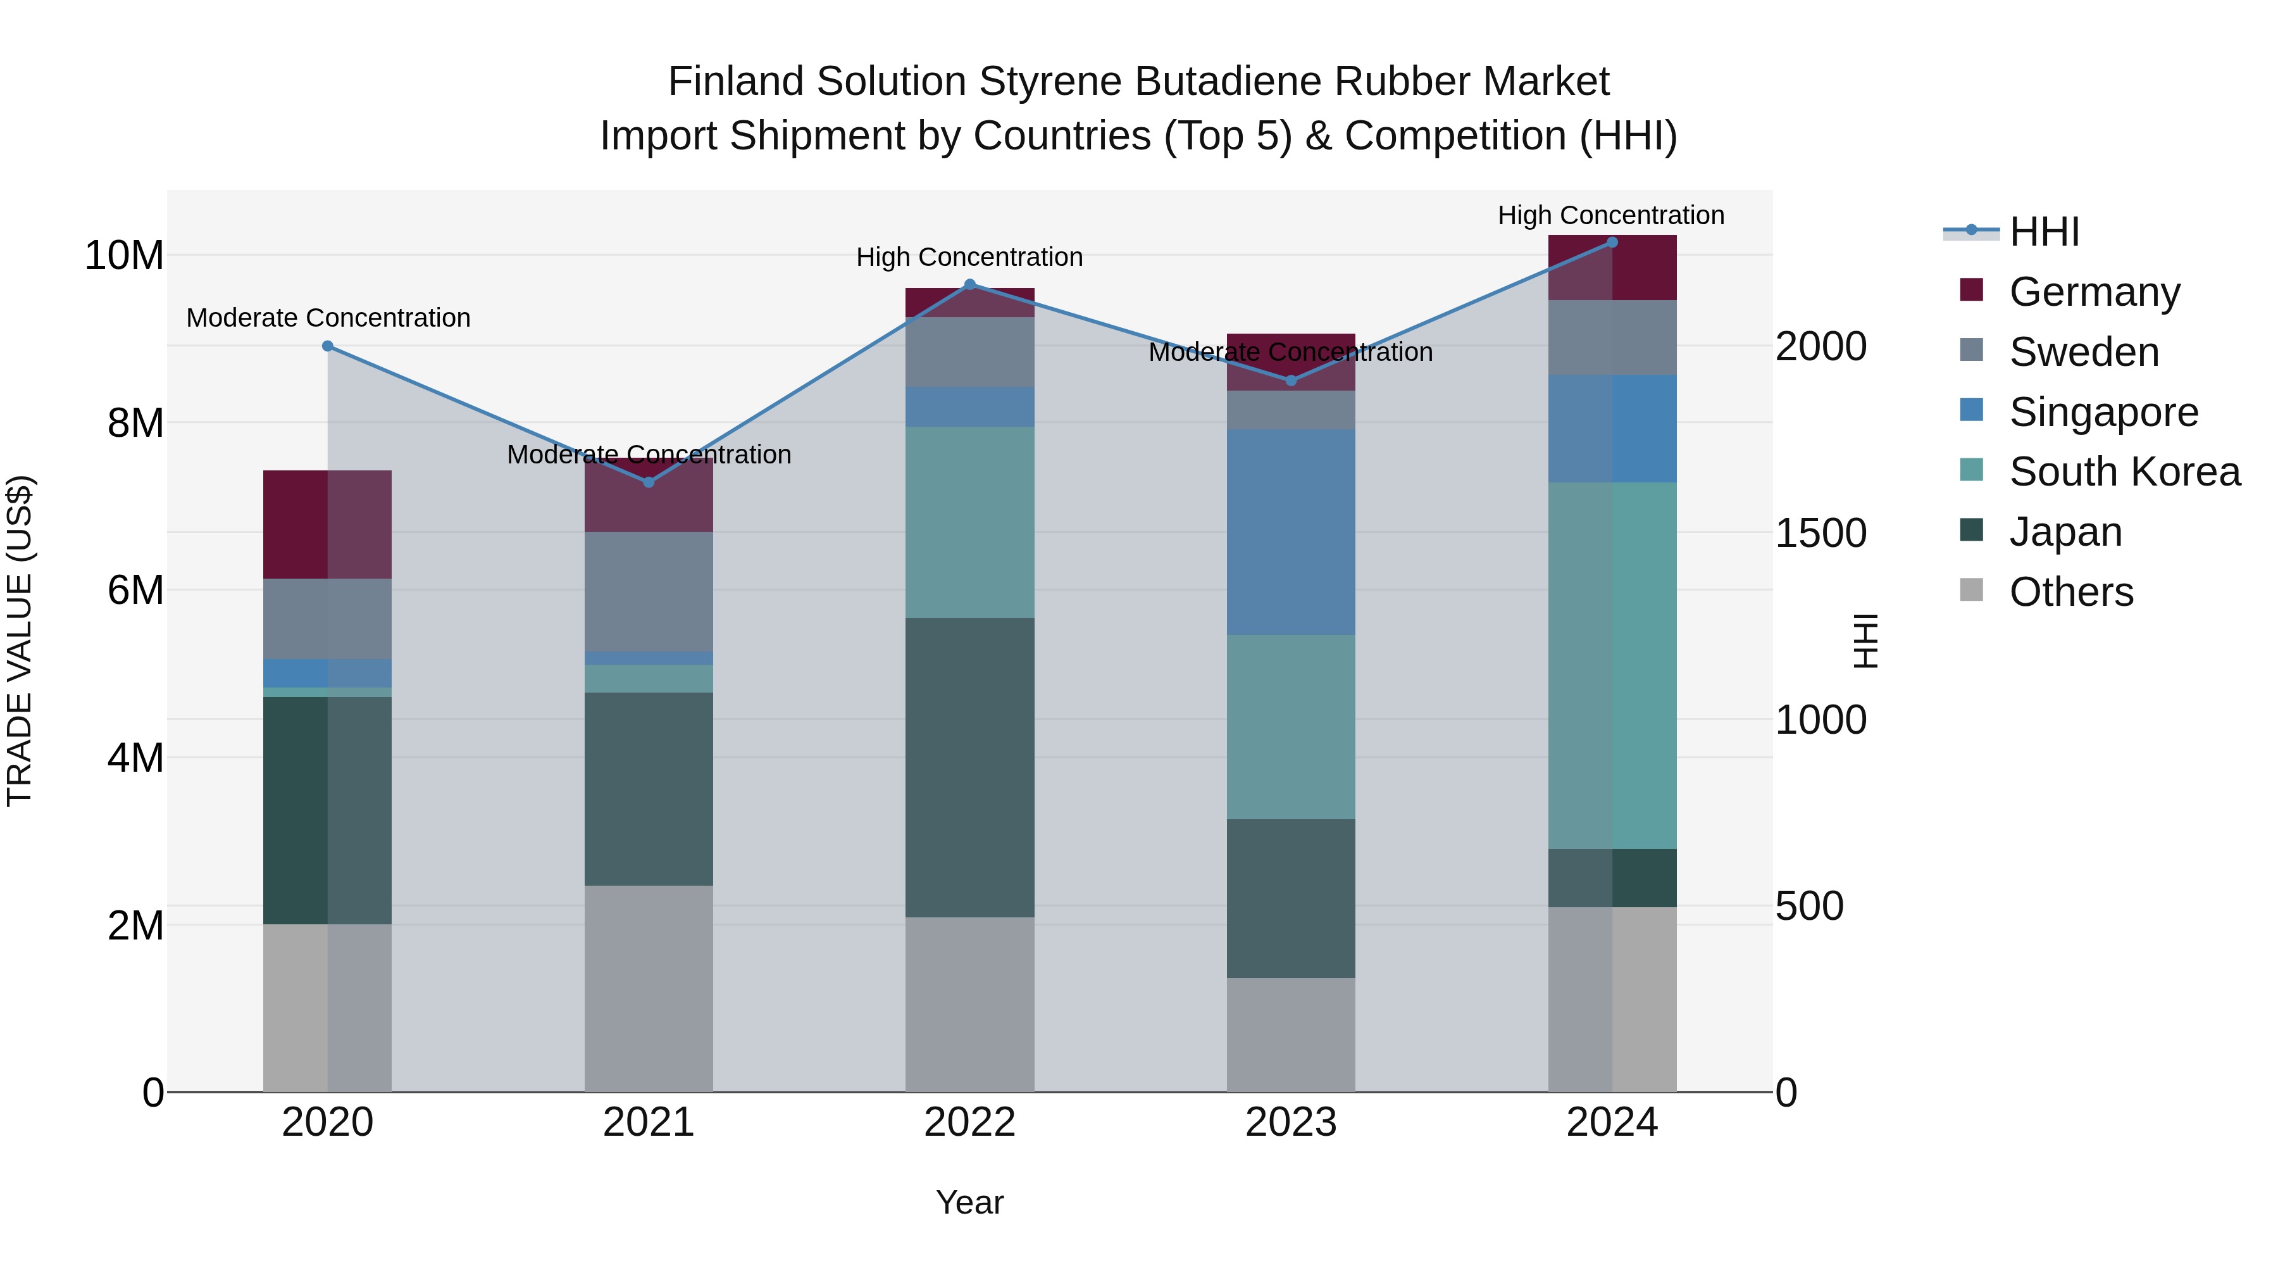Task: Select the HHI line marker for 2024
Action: point(1611,242)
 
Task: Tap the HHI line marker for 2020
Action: point(327,346)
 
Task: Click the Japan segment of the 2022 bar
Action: point(969,767)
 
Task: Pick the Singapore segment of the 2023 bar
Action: point(1290,532)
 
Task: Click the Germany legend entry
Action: point(2094,292)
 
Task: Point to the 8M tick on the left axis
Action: point(134,423)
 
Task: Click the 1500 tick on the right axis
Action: point(1821,534)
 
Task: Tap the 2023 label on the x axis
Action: point(1290,1122)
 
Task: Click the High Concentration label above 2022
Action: point(969,258)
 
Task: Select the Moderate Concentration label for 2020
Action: point(327,318)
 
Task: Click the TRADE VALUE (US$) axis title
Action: point(20,641)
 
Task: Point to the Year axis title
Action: point(969,1202)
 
